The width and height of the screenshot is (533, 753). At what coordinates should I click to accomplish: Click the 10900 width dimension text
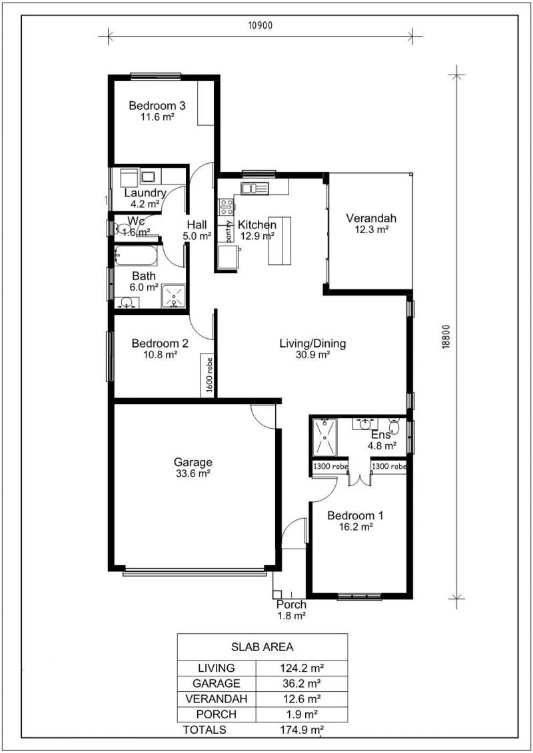[x=261, y=25]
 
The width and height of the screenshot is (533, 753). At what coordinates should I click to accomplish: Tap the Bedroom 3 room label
[x=157, y=106]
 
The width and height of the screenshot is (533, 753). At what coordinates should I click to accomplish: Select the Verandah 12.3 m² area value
[x=372, y=230]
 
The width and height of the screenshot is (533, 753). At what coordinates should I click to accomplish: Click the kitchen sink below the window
[x=255, y=188]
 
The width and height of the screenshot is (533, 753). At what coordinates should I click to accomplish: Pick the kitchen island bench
[x=280, y=240]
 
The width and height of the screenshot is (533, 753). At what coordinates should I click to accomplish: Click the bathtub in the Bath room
[x=136, y=256]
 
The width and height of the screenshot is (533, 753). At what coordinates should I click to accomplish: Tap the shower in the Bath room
[x=173, y=296]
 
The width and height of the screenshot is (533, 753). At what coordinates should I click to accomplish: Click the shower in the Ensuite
[x=325, y=437]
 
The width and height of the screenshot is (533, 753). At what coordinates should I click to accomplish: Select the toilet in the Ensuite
[x=394, y=425]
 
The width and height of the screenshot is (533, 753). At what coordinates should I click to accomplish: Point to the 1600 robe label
[x=209, y=375]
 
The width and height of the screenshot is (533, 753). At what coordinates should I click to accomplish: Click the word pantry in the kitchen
[x=229, y=231]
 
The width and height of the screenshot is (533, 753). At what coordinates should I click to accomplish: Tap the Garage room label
[x=193, y=463]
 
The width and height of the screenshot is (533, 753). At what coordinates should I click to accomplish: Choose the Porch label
[x=291, y=605]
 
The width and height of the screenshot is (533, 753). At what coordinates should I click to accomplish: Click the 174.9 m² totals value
[x=302, y=730]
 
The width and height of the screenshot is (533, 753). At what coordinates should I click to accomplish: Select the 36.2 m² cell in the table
[x=301, y=683]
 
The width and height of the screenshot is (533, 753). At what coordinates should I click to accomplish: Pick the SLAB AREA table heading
[x=263, y=647]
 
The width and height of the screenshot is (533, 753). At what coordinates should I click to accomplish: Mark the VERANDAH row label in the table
[x=217, y=698]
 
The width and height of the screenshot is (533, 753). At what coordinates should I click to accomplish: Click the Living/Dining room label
[x=313, y=344]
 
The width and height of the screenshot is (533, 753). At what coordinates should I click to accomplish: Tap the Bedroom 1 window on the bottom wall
[x=360, y=597]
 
